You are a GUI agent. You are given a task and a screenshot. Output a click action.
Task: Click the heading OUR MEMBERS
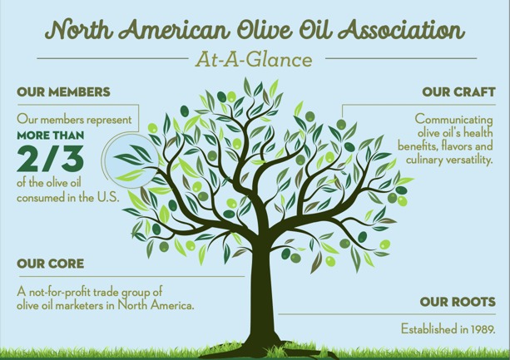tap(63, 92)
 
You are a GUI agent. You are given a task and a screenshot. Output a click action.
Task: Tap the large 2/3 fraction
tap(51, 159)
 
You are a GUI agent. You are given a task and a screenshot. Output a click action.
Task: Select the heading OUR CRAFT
tap(459, 92)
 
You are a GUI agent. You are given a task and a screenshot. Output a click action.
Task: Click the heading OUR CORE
tap(51, 264)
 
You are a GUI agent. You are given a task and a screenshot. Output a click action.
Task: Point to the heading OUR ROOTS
tap(458, 302)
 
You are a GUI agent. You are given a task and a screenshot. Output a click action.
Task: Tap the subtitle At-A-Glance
tap(254, 60)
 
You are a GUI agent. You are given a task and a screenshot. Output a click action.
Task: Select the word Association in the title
tap(401, 30)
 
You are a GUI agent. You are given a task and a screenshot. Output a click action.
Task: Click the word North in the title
tap(79, 30)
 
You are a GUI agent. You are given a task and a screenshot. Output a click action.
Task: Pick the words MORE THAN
tap(51, 136)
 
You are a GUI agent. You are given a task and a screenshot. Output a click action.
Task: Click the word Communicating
tap(453, 120)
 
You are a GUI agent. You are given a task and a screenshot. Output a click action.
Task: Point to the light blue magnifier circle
tap(131, 161)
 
